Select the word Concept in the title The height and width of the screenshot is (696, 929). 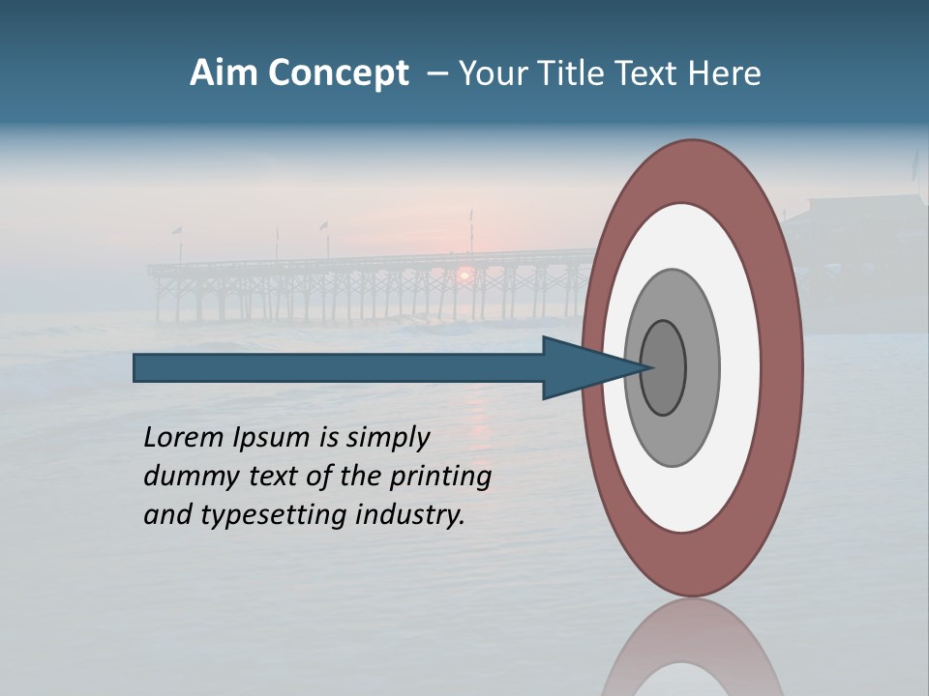(x=338, y=73)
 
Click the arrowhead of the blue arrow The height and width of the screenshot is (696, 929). (x=581, y=368)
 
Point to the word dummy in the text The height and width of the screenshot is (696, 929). (x=187, y=477)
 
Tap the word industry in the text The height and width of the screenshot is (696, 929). (x=410, y=515)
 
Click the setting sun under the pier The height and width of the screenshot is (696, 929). (x=464, y=275)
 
